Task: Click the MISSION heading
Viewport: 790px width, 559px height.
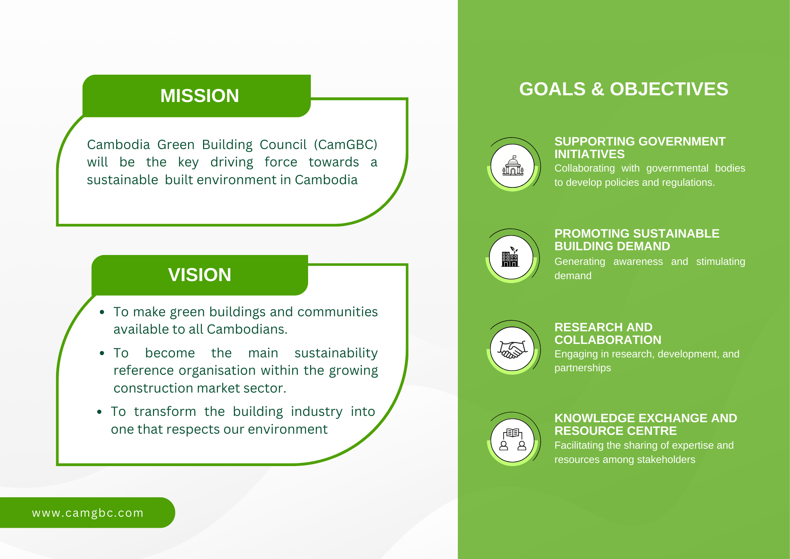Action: [199, 96]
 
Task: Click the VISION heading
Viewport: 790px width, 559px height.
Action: [199, 275]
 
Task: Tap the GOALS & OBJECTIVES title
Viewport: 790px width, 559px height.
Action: [624, 89]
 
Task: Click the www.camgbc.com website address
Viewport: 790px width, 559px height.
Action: [88, 513]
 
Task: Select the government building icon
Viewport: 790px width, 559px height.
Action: [513, 166]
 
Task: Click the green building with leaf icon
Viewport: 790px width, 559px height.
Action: [510, 257]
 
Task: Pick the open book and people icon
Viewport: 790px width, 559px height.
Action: [513, 440]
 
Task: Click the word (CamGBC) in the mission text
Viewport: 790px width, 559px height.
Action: [346, 145]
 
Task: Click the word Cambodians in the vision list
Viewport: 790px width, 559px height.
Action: [247, 329]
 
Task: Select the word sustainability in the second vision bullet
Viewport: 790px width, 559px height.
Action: [336, 353]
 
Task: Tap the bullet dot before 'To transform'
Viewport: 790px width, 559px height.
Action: [100, 412]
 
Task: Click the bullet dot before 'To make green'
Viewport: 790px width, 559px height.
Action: [102, 312]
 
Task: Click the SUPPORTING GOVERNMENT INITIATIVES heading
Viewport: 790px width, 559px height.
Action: [640, 147]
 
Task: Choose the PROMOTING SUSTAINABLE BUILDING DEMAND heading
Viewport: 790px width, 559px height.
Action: [637, 240]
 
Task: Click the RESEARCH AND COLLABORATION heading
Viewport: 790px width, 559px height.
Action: [608, 333]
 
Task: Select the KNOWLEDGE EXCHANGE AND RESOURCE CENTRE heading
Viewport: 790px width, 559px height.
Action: [646, 424]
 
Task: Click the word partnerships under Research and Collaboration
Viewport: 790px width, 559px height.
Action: [583, 368]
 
